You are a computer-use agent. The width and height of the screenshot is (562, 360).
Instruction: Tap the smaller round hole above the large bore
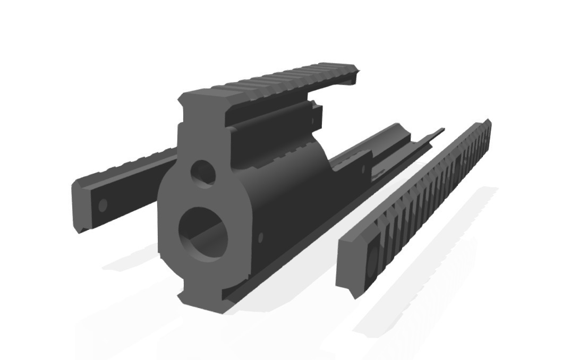point(203,173)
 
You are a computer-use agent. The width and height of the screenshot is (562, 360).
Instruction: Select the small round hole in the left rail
point(103,204)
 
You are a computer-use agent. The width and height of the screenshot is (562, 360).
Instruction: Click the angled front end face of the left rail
point(79,207)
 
